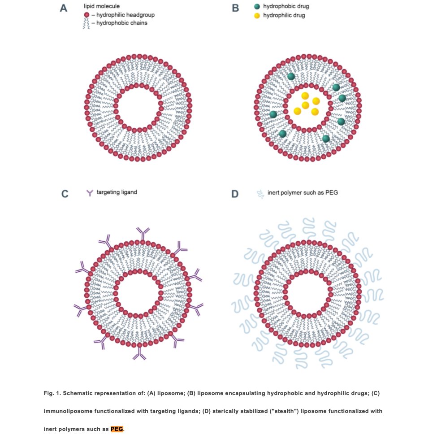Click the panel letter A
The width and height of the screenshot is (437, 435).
tap(64, 8)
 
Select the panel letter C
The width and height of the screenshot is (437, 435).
tap(65, 194)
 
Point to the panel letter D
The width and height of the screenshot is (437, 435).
tap(235, 194)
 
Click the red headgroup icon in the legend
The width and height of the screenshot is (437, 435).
tap(87, 15)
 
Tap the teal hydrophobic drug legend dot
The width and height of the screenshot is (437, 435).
tap(257, 7)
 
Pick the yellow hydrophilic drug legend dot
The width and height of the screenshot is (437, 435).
tap(257, 16)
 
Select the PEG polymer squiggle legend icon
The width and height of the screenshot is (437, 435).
tap(259, 194)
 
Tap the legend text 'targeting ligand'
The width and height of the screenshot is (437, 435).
tap(117, 192)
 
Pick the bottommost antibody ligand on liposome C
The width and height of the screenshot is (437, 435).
tap(139, 354)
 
